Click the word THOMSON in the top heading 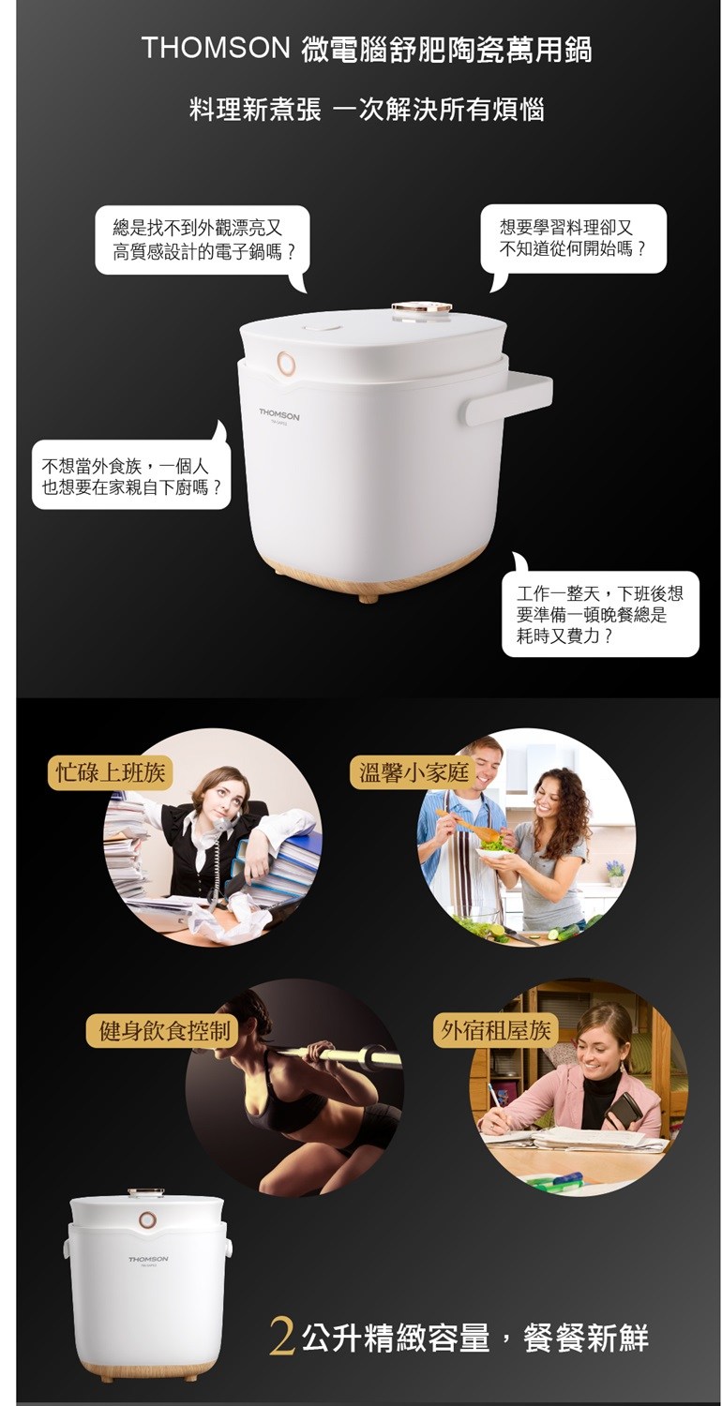216,49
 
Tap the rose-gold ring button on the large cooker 287,363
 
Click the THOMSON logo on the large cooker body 279,416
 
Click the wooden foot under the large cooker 368,596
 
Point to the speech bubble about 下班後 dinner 599,612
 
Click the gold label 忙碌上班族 111,772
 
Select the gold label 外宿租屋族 495,1030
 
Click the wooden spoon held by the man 468,827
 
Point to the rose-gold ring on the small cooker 147,1219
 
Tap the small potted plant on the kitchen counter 615,873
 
